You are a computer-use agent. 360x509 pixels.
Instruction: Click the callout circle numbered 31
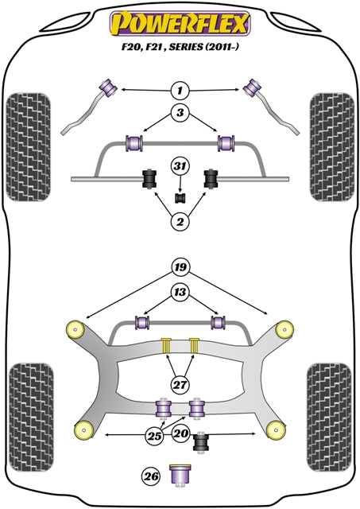pyautogui.click(x=180, y=166)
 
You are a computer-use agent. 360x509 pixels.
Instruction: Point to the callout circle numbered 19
pyautogui.click(x=180, y=267)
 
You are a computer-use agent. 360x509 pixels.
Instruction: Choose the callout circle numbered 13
pyautogui.click(x=180, y=293)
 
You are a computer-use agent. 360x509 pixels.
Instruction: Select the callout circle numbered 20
pyautogui.click(x=180, y=435)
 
